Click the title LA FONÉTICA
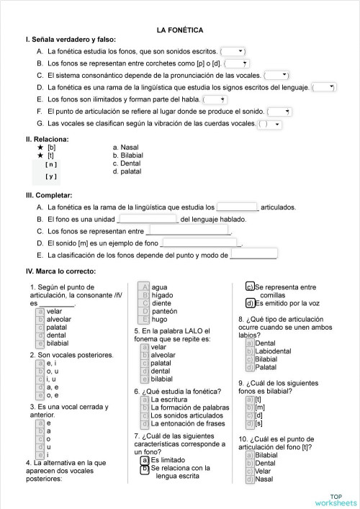(x=179, y=30)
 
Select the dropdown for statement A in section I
(x=233, y=51)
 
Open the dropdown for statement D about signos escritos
(x=323, y=86)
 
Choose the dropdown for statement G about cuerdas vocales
(x=269, y=124)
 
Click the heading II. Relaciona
(x=48, y=139)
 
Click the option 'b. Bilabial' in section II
(x=128, y=155)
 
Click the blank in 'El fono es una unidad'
(x=148, y=219)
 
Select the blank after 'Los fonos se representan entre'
(x=188, y=231)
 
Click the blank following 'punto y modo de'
(x=253, y=255)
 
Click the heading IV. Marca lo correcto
(x=60, y=271)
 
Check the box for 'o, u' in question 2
(x=41, y=371)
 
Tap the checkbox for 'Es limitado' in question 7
(x=145, y=459)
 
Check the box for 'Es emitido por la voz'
(x=249, y=303)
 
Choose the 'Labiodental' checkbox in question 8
(x=249, y=351)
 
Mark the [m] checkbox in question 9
(x=249, y=407)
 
